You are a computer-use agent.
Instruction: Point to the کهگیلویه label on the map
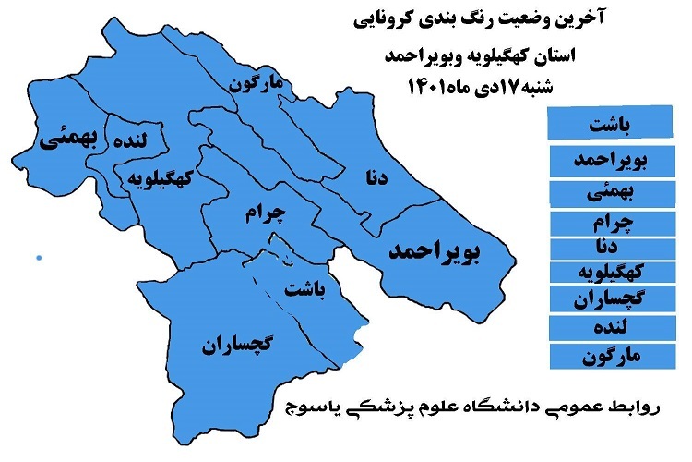pos(161,178)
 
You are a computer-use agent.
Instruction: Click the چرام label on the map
pos(268,214)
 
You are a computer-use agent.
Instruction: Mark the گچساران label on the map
pos(236,346)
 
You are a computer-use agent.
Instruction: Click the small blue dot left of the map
pos(39,257)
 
